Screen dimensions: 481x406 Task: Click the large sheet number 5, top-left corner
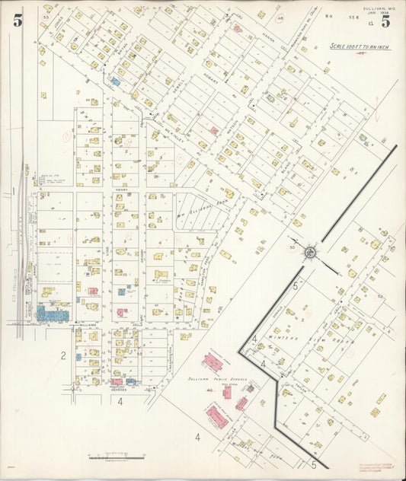pyautogui.click(x=17, y=21)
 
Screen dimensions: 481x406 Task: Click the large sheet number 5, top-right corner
pyautogui.click(x=386, y=21)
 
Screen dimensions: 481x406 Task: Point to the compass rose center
pyautogui.click(x=311, y=251)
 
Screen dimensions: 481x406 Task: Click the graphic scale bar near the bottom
pyautogui.click(x=117, y=457)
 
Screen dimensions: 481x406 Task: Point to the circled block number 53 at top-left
pyautogui.click(x=46, y=16)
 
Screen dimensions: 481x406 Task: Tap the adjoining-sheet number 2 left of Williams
pyautogui.click(x=64, y=355)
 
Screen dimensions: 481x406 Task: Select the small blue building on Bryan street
pyautogui.click(x=116, y=80)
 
